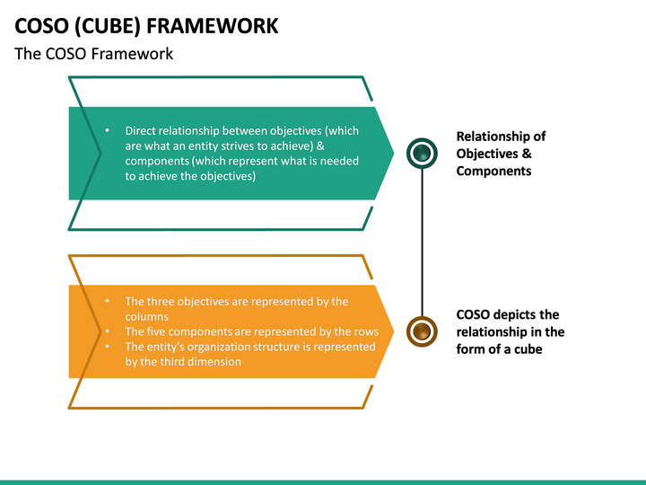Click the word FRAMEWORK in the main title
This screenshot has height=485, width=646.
point(212,25)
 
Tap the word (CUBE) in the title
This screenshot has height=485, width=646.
point(108,26)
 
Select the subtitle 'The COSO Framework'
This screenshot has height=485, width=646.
point(94,54)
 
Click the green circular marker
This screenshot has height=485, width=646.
point(422,153)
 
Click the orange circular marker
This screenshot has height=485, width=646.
point(422,331)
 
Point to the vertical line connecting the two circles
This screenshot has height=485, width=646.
point(422,242)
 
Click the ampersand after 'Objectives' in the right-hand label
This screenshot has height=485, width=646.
point(527,154)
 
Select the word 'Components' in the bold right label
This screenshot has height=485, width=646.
point(493,171)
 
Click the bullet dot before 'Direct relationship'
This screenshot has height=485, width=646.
point(107,130)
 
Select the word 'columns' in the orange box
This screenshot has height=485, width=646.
point(147,317)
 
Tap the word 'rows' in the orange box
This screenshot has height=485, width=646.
point(366,332)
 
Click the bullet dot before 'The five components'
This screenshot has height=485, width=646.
point(107,331)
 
